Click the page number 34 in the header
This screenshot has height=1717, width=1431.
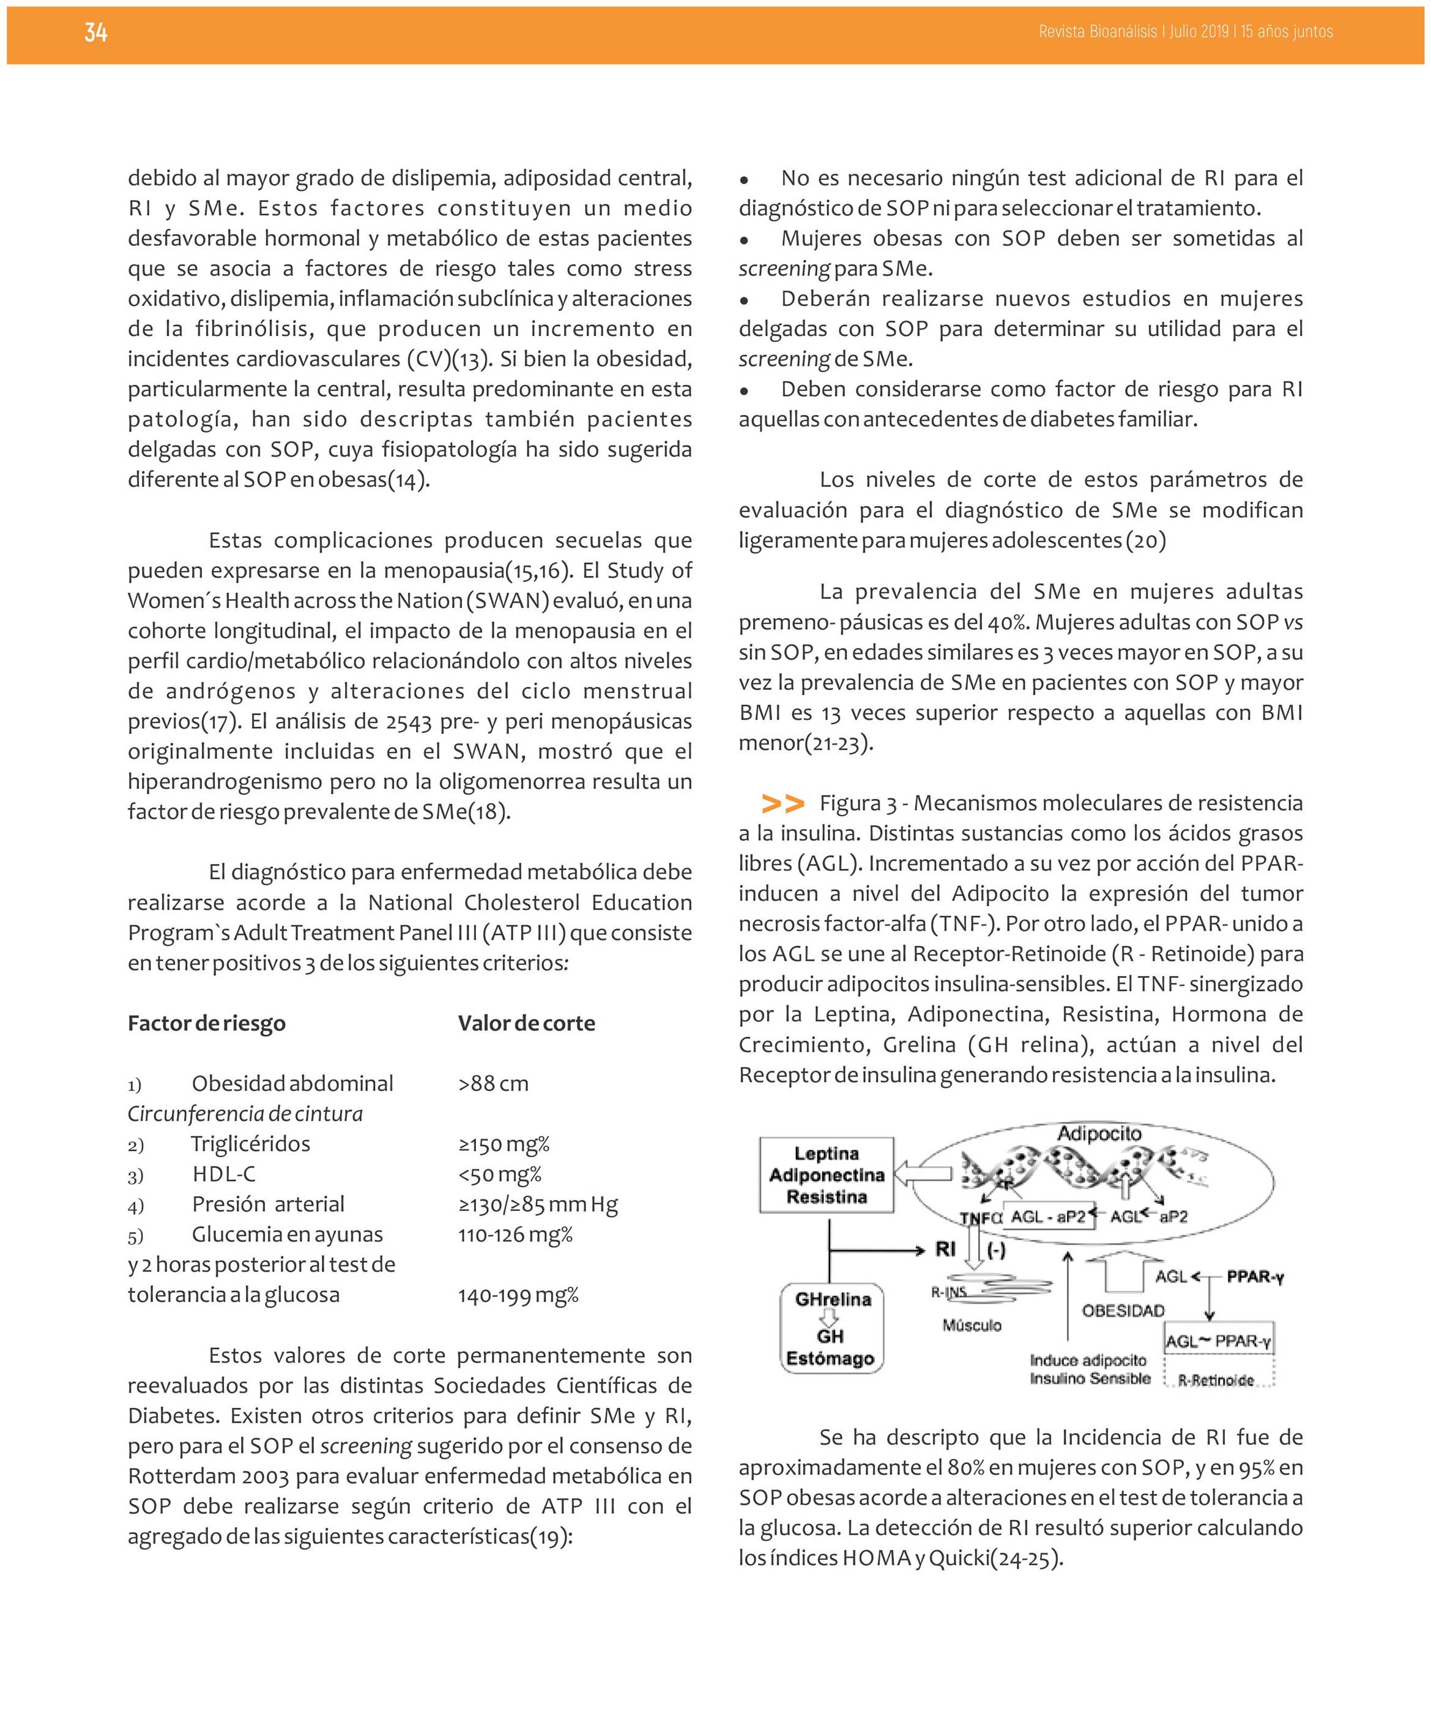click(95, 32)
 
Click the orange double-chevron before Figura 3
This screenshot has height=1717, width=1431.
click(782, 803)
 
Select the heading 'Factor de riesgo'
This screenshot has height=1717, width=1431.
click(207, 1024)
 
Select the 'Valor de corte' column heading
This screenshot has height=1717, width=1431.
click(527, 1024)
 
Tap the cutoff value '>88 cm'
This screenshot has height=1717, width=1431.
click(494, 1084)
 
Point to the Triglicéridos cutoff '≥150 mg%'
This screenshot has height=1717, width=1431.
click(504, 1145)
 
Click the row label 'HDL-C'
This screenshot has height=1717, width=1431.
click(224, 1175)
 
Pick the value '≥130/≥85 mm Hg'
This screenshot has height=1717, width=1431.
click(538, 1205)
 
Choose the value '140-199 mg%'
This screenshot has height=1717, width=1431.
click(518, 1296)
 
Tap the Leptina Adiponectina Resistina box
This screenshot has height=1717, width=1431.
click(827, 1175)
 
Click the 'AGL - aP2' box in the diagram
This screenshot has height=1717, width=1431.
click(1047, 1216)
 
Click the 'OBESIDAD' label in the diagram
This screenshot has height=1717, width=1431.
click(1123, 1311)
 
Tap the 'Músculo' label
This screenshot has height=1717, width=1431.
click(972, 1325)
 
